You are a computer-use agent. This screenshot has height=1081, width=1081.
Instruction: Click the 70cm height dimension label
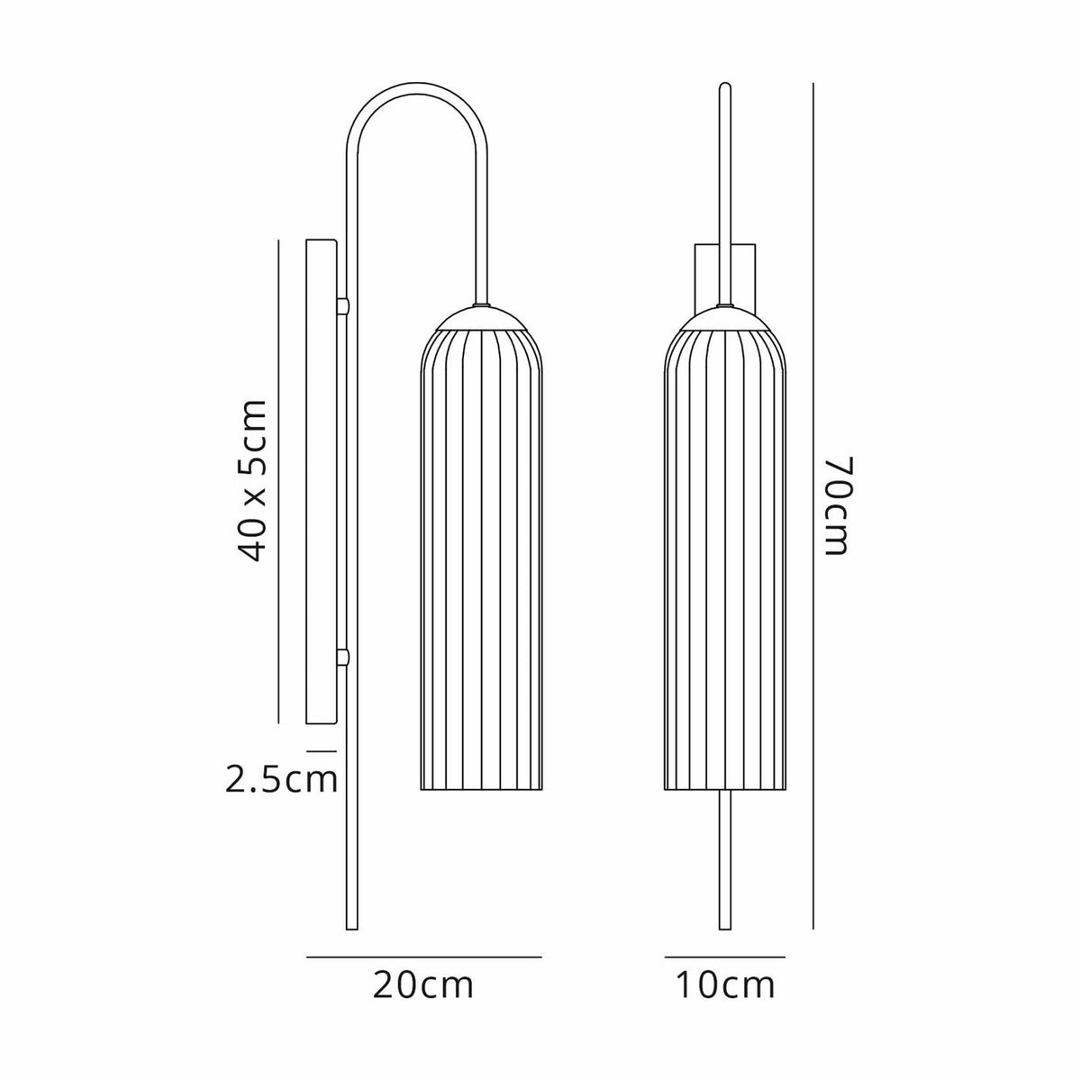836,505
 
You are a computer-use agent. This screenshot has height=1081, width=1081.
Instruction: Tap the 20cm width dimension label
423,986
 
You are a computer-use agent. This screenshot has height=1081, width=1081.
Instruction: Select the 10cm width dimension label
725,986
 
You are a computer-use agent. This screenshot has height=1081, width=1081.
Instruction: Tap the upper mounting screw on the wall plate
342,307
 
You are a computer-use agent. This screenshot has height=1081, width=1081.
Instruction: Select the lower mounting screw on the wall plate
342,659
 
